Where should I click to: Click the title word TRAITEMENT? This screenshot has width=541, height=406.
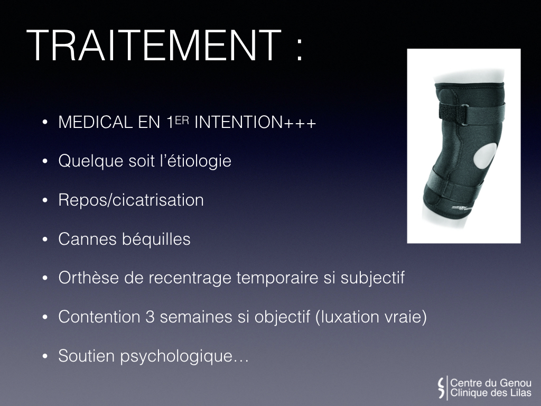pyautogui.click(x=154, y=45)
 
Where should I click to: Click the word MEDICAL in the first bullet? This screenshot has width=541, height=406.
pyautogui.click(x=96, y=122)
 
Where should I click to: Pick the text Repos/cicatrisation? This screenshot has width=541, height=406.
pyautogui.click(x=131, y=200)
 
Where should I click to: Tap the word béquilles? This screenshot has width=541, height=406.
pyautogui.click(x=156, y=239)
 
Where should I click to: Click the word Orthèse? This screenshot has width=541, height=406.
pyautogui.click(x=89, y=278)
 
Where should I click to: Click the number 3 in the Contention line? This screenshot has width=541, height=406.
pyautogui.click(x=150, y=317)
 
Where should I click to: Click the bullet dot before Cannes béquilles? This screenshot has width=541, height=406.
pyautogui.click(x=45, y=239)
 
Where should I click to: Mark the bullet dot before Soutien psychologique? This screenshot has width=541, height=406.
pyautogui.click(x=45, y=356)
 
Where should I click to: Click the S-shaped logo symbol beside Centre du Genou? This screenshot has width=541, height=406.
pyautogui.click(x=441, y=387)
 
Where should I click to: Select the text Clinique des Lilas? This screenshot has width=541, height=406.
pyautogui.click(x=491, y=393)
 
